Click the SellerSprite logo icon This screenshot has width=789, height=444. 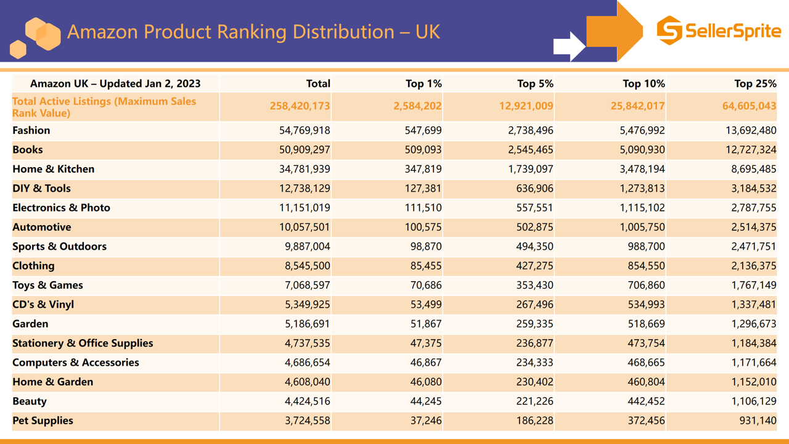tap(669, 30)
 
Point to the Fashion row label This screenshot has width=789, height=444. tap(31, 131)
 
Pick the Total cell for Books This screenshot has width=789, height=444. tap(305, 150)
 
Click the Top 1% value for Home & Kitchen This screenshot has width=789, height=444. tap(420, 169)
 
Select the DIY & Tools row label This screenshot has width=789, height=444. tap(41, 189)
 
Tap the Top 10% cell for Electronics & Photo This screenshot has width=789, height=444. tap(642, 208)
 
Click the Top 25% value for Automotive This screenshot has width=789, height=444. tap(754, 227)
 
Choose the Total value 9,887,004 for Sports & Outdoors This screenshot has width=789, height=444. tap(305, 247)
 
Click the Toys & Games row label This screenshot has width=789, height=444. tap(47, 286)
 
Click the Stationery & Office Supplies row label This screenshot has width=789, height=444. tap(83, 343)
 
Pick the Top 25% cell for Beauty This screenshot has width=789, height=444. tap(754, 401)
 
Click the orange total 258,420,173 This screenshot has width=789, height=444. tap(300, 106)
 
